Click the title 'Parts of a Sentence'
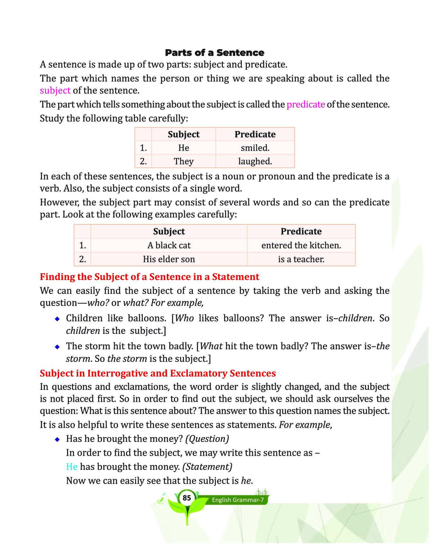pos(214,53)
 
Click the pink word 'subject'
pos(55,91)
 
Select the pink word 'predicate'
pos(306,104)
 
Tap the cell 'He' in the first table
pos(184,148)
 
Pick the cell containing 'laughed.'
pos(255,161)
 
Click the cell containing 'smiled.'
pos(255,148)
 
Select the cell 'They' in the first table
pos(184,161)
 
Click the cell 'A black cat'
pos(169,245)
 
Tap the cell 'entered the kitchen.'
pos(301,245)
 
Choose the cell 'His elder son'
pos(169,259)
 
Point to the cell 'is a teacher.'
pos(301,259)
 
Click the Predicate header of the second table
pos(301,232)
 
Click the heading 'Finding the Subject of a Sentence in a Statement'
pos(150,277)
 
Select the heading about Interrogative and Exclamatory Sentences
pos(158,373)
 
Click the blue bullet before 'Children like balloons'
pos(57,319)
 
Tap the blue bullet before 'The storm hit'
pos(57,347)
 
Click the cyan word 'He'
pos(72,467)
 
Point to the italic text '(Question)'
pos(207,439)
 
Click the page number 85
pos(187,498)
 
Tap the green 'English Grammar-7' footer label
pos(238,500)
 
